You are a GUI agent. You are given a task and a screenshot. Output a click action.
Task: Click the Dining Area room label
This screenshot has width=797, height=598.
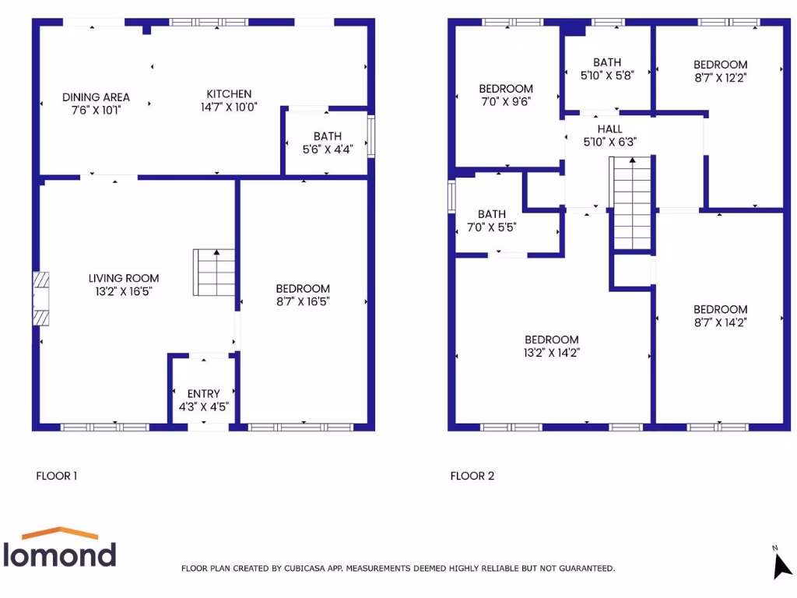pyautogui.click(x=96, y=97)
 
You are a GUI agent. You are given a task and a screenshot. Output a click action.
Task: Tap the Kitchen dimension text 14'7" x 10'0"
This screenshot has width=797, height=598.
pyautogui.click(x=228, y=107)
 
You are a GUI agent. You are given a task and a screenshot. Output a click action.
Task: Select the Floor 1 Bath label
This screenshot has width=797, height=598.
pyautogui.click(x=328, y=136)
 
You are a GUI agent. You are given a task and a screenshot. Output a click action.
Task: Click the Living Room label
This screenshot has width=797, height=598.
pyautogui.click(x=123, y=278)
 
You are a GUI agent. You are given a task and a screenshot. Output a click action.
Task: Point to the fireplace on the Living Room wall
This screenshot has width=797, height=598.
pyautogui.click(x=40, y=297)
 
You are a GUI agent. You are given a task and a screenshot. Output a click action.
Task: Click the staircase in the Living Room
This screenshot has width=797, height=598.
pyautogui.click(x=214, y=272)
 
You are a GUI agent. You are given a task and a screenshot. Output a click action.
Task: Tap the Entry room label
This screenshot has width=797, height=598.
pyautogui.click(x=204, y=393)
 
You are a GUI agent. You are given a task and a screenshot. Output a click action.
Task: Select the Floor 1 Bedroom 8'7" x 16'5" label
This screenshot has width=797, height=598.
pyautogui.click(x=303, y=289)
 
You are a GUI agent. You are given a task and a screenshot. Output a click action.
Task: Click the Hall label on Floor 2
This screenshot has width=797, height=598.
pyautogui.click(x=609, y=128)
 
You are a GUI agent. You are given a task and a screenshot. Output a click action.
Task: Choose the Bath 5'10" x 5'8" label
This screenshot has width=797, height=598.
pyautogui.click(x=607, y=62)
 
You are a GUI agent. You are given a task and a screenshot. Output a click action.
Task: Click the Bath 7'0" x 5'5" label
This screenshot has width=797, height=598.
pyautogui.click(x=492, y=214)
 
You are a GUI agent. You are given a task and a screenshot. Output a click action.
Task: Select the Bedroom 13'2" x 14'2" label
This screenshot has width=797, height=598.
pyautogui.click(x=552, y=339)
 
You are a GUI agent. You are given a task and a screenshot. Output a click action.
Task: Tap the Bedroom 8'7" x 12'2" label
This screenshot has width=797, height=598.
pyautogui.click(x=720, y=65)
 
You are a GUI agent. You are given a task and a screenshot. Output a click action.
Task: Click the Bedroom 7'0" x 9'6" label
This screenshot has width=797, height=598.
pyautogui.click(x=506, y=89)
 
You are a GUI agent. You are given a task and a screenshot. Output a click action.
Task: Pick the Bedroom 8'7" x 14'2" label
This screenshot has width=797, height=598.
pyautogui.click(x=720, y=309)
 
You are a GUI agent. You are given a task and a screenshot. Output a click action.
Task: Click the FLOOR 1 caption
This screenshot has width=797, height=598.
pyautogui.click(x=57, y=476)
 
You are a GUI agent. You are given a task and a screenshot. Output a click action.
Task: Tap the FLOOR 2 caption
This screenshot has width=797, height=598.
pyautogui.click(x=472, y=476)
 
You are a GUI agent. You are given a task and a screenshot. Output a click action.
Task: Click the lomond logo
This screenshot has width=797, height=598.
pyautogui.click(x=61, y=548)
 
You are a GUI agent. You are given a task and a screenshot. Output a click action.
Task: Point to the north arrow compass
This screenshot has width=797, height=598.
pyautogui.click(x=781, y=565)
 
